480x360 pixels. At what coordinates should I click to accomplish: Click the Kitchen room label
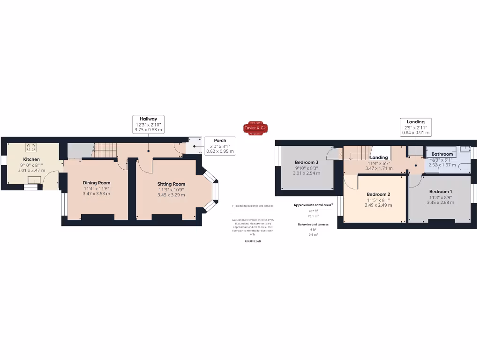pos(31,159)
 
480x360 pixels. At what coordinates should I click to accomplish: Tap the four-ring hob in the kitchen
pos(31,148)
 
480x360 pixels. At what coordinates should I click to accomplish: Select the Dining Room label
pos(97,183)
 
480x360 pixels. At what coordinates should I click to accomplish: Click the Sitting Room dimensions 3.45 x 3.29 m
pos(171,195)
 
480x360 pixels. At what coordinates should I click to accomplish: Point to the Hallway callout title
pos(148,119)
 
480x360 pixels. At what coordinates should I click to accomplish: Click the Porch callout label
pos(220,140)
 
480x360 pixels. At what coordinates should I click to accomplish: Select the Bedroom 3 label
pos(307,162)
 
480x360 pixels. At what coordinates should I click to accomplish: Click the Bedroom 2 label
pos(378,194)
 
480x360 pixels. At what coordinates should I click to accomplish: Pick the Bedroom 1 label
pos(441,191)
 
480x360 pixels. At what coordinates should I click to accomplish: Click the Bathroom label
pos(442,154)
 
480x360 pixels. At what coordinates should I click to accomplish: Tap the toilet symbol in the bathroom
pos(464,166)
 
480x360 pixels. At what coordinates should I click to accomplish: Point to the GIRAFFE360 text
pos(253,241)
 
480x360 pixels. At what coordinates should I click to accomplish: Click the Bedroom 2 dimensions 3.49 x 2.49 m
pos(378,205)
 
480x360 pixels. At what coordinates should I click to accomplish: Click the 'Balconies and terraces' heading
pos(313,225)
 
